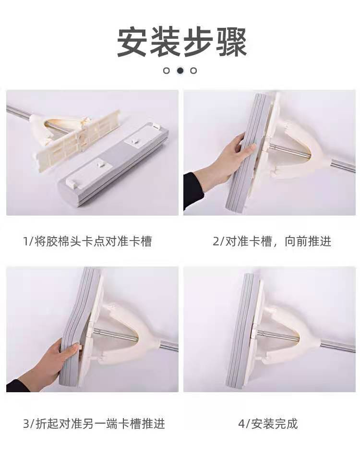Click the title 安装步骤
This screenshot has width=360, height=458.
coord(182,42)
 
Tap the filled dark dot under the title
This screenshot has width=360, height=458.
coord(180,71)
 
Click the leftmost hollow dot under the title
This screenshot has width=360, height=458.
coord(167,71)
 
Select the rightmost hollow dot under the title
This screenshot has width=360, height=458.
coord(193,71)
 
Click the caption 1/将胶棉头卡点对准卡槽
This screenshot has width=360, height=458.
coord(87,241)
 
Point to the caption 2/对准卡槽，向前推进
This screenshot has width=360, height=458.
coord(272,241)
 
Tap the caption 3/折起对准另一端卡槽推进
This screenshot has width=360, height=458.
coord(94,423)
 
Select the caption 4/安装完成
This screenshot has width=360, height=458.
coord(268,423)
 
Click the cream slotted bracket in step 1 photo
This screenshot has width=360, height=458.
coord(77,139)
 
